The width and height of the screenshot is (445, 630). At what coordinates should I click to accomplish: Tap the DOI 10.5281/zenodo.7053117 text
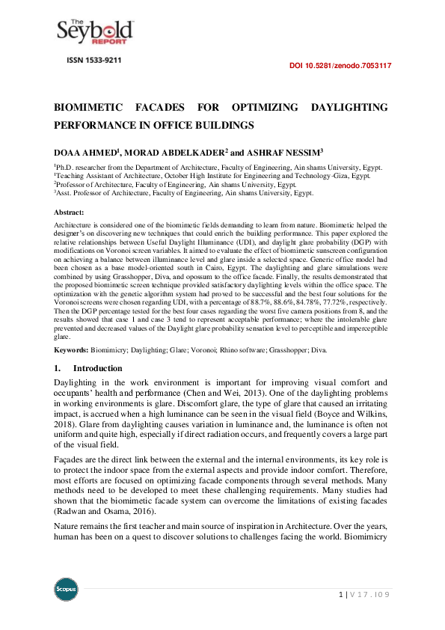[x=340, y=66]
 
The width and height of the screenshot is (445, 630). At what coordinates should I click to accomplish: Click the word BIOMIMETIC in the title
[x=90, y=108]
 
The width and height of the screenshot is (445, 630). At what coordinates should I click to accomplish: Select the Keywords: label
[x=71, y=350]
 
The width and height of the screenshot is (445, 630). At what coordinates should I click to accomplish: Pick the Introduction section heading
[x=96, y=368]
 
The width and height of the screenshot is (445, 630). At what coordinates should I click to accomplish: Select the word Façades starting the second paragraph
[x=71, y=459]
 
